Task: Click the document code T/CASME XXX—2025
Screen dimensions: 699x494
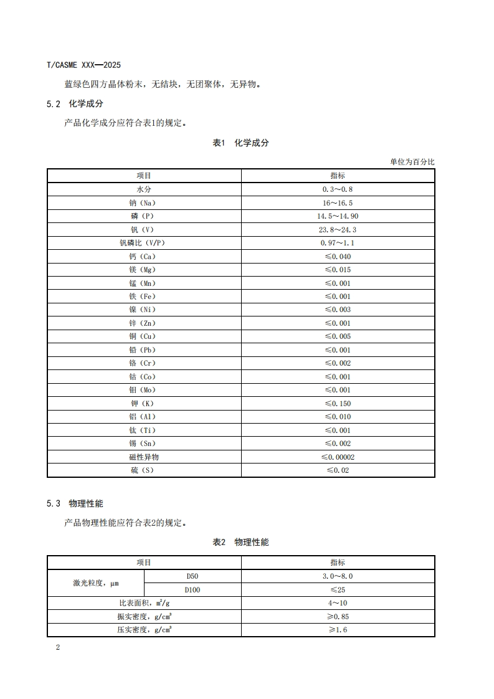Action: pos(83,65)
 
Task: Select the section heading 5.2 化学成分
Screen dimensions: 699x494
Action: pos(74,103)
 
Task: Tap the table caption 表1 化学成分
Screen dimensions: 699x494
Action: pos(240,143)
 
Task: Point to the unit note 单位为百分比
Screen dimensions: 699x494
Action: pos(412,162)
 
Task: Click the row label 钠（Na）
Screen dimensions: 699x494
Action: pos(144,203)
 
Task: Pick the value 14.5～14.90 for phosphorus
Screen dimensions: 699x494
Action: pos(338,216)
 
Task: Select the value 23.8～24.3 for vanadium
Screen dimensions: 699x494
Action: pos(338,230)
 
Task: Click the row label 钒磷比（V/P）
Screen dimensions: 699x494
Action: pos(144,243)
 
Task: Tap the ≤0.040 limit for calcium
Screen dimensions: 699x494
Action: pos(338,257)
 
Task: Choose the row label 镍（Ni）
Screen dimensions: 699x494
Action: pos(144,310)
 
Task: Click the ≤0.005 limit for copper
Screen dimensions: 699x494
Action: pos(338,336)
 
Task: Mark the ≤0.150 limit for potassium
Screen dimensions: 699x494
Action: pos(338,404)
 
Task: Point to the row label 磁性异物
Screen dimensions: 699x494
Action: pos(144,457)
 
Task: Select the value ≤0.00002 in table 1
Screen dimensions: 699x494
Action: pos(338,457)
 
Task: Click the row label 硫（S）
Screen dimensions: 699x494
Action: pos(144,470)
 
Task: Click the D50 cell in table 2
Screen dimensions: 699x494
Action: pos(192,576)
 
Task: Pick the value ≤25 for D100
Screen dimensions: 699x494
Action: pos(338,590)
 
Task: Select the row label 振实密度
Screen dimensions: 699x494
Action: pos(144,617)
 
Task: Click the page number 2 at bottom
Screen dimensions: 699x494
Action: pos(58,647)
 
